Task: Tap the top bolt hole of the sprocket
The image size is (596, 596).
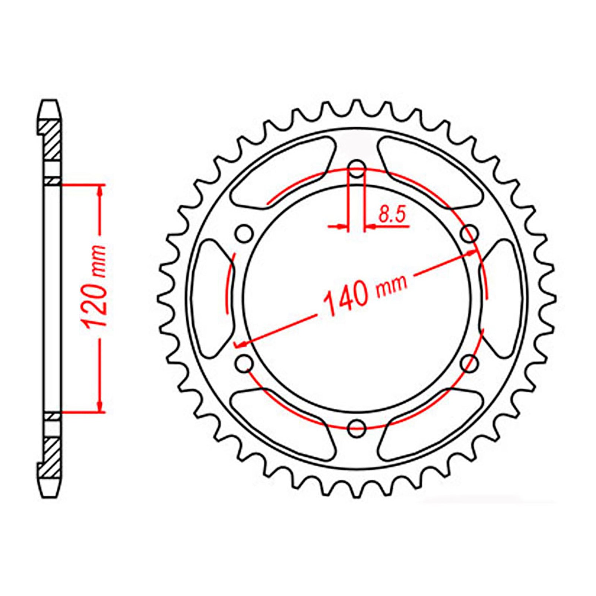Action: [357, 168]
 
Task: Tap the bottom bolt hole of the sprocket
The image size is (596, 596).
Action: [356, 428]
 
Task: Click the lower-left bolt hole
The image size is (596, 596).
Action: [244, 363]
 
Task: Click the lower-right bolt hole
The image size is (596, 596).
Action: [469, 363]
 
